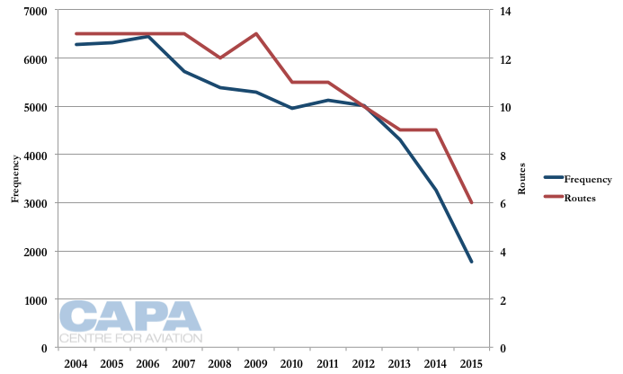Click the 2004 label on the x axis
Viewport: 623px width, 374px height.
coord(76,363)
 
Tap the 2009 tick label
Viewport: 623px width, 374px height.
coord(256,363)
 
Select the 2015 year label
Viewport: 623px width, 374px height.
coord(471,363)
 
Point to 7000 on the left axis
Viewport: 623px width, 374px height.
coord(37,11)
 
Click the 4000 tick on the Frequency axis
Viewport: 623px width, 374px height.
coord(37,156)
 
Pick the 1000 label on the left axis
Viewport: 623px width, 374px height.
coord(37,300)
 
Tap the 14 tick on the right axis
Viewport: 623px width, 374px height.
coord(505,11)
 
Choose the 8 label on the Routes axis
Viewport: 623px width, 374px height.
coord(503,156)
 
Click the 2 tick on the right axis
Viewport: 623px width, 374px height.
coord(503,300)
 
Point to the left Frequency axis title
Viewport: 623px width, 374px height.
coord(14,179)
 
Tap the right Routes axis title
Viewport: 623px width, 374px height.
coord(524,179)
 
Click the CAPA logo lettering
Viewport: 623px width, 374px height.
coord(130,316)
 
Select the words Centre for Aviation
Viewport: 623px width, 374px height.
coord(130,339)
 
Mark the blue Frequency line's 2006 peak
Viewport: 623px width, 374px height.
coord(148,37)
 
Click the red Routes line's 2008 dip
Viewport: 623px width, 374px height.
coord(220,58)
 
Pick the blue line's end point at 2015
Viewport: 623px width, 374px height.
coord(471,262)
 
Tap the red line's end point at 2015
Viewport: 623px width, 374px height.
coord(471,203)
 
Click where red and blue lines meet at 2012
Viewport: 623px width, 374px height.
coord(363,106)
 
